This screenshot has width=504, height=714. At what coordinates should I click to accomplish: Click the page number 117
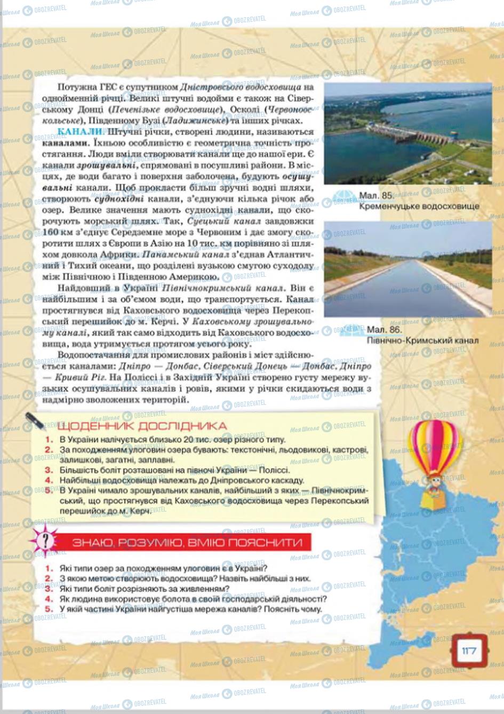pyautogui.click(x=469, y=650)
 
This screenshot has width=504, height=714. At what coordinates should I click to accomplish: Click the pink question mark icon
pyautogui.click(x=46, y=541)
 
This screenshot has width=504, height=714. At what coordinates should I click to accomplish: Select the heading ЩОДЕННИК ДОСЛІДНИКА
pyautogui.click(x=141, y=426)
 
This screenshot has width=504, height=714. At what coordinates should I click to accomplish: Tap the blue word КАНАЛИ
pyautogui.click(x=80, y=132)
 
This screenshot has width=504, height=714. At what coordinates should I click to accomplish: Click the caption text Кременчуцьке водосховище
pyautogui.click(x=419, y=206)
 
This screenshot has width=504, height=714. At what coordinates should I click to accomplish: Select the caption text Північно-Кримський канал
pyautogui.click(x=422, y=340)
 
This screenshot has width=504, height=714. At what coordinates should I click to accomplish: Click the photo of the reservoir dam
pyautogui.click(x=407, y=133)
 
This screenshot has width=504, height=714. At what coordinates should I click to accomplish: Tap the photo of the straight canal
pyautogui.click(x=407, y=269)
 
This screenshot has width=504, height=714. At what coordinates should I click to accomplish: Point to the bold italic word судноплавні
pyautogui.click(x=116, y=199)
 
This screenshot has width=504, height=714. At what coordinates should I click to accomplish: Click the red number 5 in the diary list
pyautogui.click(x=49, y=490)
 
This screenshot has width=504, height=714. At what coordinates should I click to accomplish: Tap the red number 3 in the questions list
pyautogui.click(x=49, y=589)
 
